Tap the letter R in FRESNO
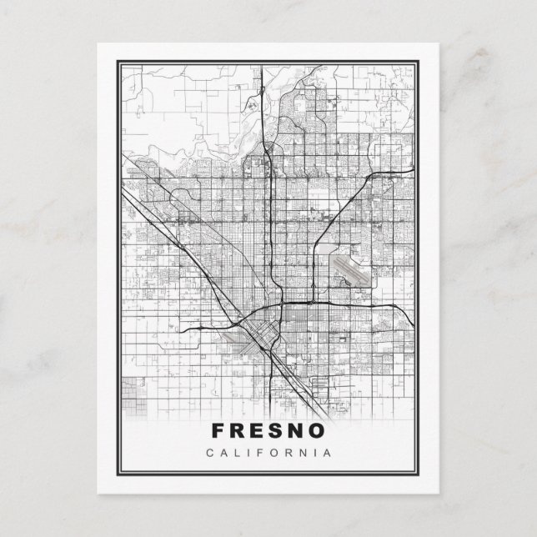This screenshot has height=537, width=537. [x=237, y=430]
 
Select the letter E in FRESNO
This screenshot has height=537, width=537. [x=258, y=430]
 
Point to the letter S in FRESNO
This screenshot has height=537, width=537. [x=279, y=430]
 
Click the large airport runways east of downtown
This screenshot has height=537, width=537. [x=351, y=268]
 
